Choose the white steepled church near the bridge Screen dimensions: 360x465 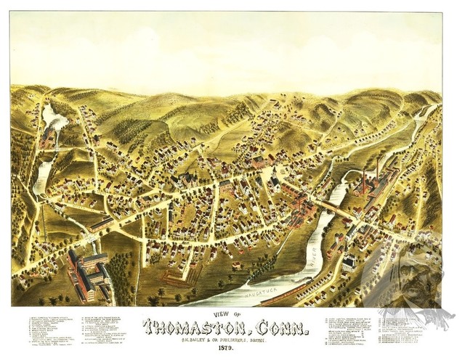point(348,261)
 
